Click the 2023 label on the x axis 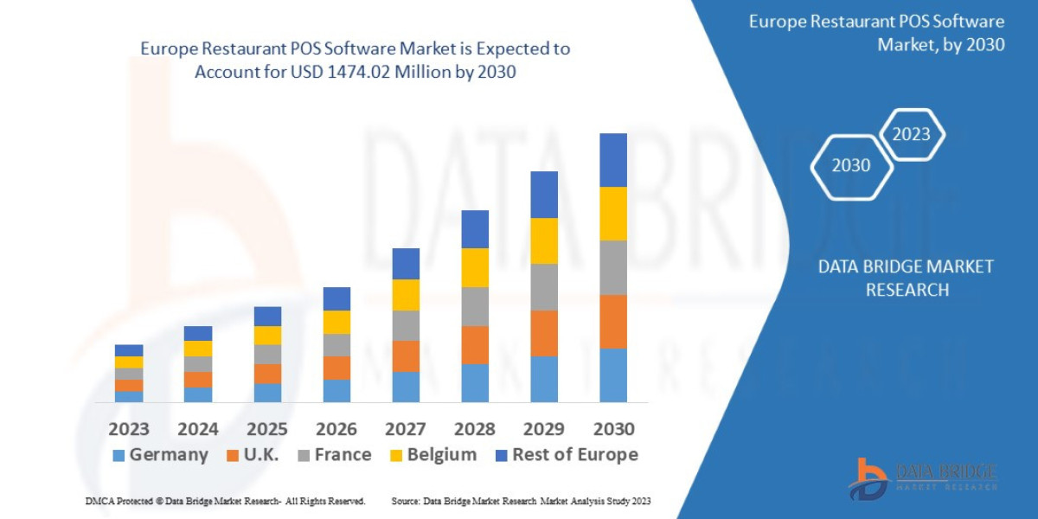point(129,429)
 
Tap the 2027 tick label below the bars point(406,429)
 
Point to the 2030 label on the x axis point(613,429)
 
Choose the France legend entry point(335,455)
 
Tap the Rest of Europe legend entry point(567,455)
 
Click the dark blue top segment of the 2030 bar point(613,160)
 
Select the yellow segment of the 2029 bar point(544,240)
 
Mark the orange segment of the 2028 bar point(475,344)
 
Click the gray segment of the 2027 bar point(406,325)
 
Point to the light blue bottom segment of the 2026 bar point(336,391)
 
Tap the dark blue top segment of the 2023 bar point(129,350)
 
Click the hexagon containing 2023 point(911,134)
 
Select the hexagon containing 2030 point(851,166)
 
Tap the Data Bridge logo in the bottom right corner point(922,478)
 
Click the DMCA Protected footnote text point(225,501)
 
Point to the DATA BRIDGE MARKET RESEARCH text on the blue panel point(906,278)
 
